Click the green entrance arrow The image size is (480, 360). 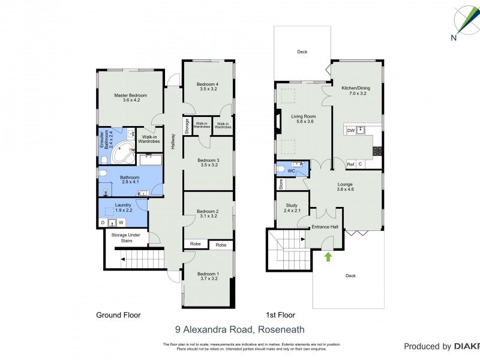coord(328,257)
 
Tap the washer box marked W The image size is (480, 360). coord(120,223)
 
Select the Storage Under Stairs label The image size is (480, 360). coord(127,238)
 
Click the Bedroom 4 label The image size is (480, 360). coord(208,85)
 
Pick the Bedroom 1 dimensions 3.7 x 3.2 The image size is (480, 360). coord(208,278)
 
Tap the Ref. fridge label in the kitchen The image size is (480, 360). coord(352,164)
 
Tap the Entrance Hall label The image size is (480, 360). coord(325,227)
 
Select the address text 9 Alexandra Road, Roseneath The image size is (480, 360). coord(239,329)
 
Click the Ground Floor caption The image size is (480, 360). coord(118,314)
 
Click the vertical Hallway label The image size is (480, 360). coord(173,140)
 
